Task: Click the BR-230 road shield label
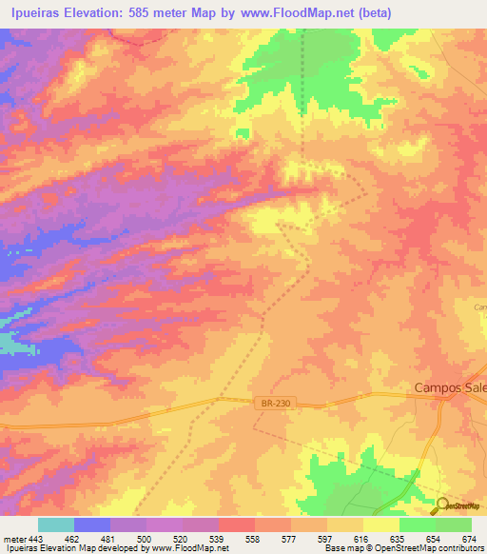coord(274,404)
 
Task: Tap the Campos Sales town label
coord(450,387)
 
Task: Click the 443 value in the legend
coord(37,539)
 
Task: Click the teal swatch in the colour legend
coord(55,524)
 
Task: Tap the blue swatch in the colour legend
coord(91,524)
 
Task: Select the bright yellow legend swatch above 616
coord(380,524)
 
